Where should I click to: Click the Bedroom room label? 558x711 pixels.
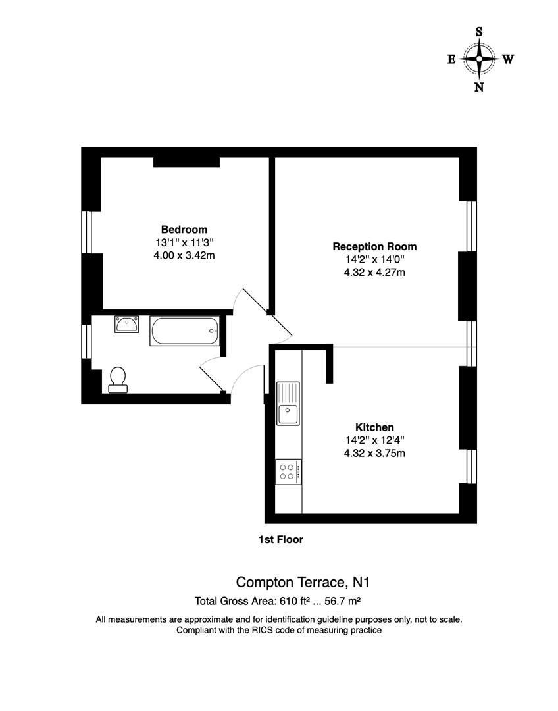pyautogui.click(x=184, y=230)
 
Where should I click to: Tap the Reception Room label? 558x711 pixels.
pyautogui.click(x=374, y=246)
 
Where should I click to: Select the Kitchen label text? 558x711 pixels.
pyautogui.click(x=374, y=427)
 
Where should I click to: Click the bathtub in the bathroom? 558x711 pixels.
pyautogui.click(x=184, y=331)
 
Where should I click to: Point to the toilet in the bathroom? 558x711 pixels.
pyautogui.click(x=118, y=380)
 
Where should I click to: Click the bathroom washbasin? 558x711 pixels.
pyautogui.click(x=126, y=324)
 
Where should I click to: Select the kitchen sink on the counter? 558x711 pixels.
pyautogui.click(x=288, y=404)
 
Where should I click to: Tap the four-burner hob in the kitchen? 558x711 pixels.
pyautogui.click(x=288, y=471)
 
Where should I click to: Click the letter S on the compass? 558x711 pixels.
pyautogui.click(x=479, y=32)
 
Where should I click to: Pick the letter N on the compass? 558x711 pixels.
pyautogui.click(x=479, y=87)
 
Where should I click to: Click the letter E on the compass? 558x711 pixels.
pyautogui.click(x=451, y=59)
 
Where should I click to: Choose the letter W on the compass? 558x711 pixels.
pyautogui.click(x=508, y=59)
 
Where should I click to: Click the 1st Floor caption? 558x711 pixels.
pyautogui.click(x=280, y=540)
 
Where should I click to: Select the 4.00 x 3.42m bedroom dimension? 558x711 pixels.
pyautogui.click(x=184, y=255)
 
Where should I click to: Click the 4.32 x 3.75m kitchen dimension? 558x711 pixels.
pyautogui.click(x=374, y=453)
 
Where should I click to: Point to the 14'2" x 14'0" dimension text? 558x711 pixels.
pyautogui.click(x=374, y=259)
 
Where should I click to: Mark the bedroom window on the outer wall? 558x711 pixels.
pyautogui.click(x=86, y=232)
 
